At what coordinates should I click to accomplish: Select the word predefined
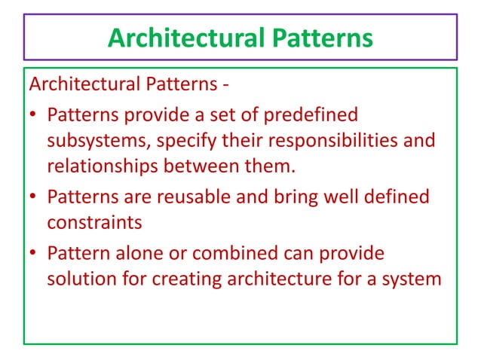309,117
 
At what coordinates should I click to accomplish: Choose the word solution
79,279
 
